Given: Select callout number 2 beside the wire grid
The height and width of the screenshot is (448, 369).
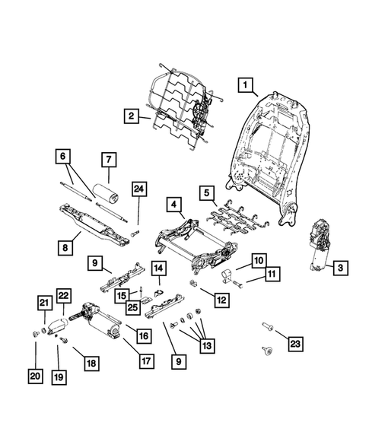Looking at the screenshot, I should pos(132,116).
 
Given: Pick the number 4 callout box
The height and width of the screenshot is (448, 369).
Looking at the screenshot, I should pos(174,205).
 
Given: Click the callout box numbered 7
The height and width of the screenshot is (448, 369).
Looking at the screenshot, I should pos(109,160).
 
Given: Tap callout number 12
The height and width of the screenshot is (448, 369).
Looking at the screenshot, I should pos(221,300).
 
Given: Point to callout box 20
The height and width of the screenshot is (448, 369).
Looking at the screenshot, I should pos(36,375).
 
